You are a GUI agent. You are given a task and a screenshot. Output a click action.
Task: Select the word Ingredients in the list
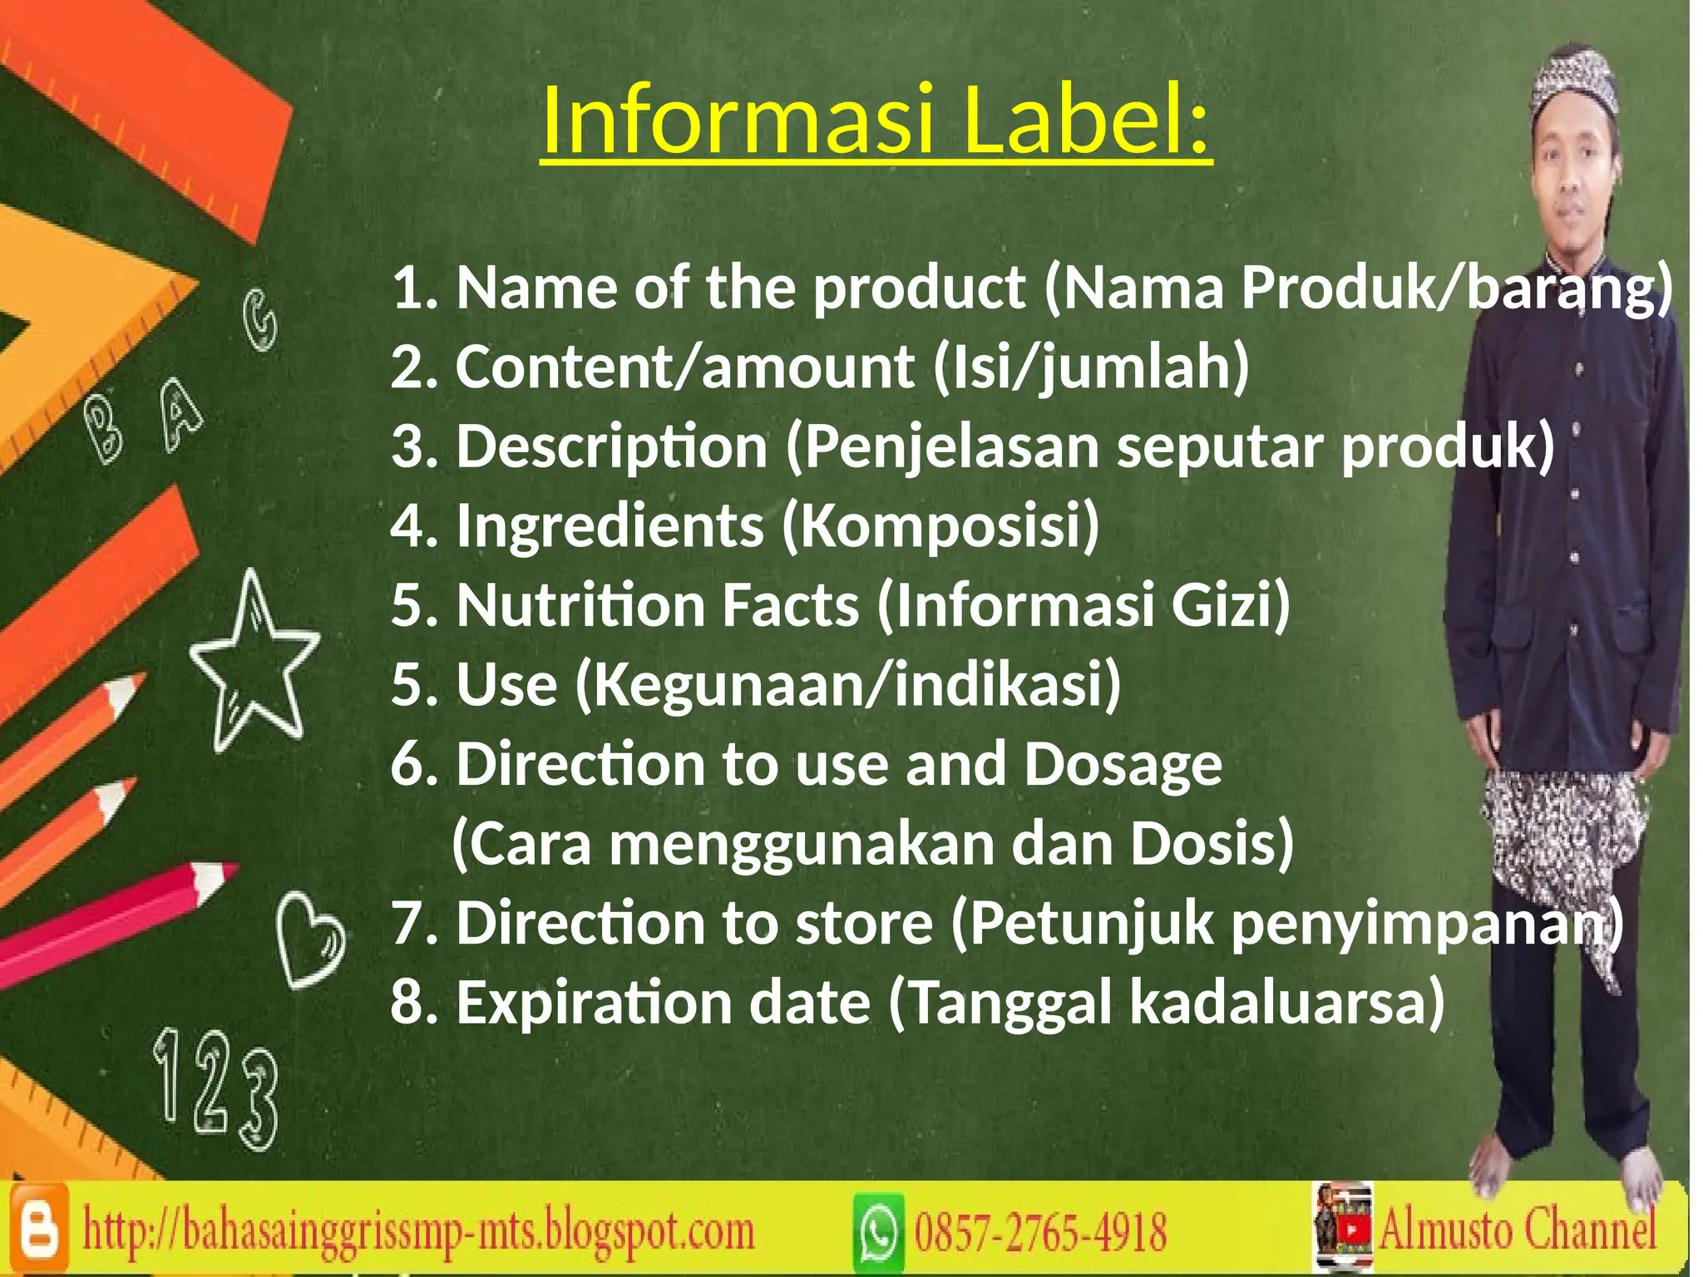[x=610, y=525]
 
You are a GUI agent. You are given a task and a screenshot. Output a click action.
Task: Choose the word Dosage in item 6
[x=1123, y=765]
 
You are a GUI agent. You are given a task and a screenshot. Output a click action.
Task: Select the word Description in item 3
[x=611, y=447]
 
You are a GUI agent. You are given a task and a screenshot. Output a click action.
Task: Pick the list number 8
[x=409, y=1003]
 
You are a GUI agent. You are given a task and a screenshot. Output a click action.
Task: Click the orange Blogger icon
[x=38, y=1229]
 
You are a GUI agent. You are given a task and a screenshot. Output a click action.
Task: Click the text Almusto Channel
[x=1518, y=1229]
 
